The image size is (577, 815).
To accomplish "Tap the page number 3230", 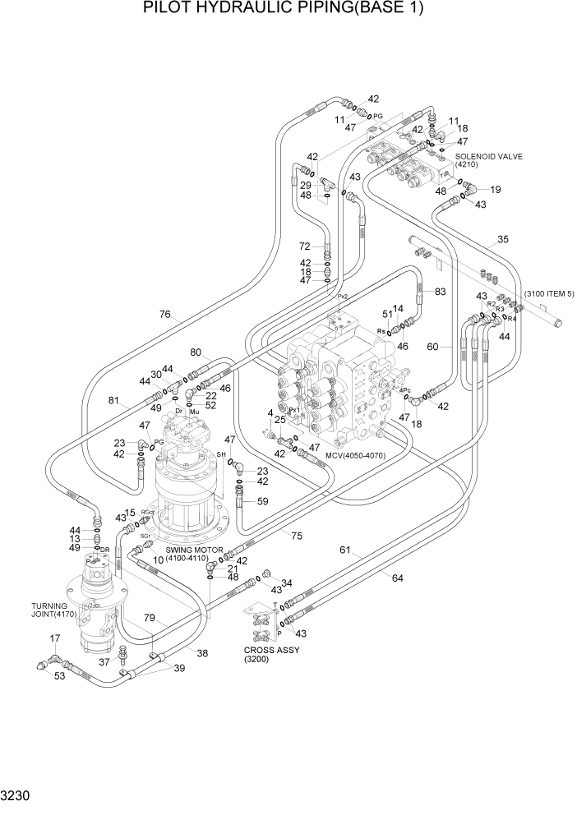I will point(19,796).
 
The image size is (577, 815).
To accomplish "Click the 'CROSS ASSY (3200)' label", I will point(272,654).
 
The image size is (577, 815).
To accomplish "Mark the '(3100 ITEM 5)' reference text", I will point(549,293).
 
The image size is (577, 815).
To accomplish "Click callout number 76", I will point(164,314).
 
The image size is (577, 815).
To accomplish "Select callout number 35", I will point(502,241).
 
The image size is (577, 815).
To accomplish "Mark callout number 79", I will point(150,617).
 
